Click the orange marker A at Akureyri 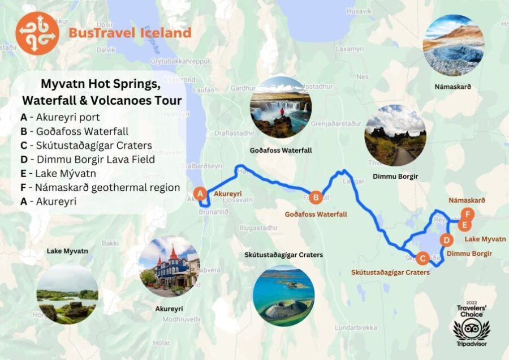199,194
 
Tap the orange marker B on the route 316,197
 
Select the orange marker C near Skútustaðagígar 422,259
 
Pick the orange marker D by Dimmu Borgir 446,240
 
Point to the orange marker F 467,214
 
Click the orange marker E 464,225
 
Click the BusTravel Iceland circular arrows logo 37,33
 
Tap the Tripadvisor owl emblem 471,329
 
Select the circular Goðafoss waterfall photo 281,108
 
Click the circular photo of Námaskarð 453,46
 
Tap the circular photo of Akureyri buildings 169,267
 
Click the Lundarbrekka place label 356,328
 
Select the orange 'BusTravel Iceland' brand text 130,33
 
